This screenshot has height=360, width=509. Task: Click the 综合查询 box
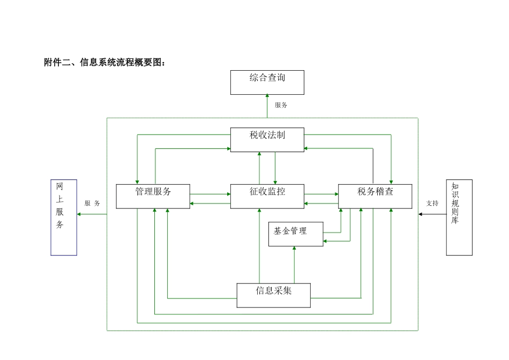coord(267,82)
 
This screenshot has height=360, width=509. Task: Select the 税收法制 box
coord(267,139)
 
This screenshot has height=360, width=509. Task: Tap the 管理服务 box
coord(153,196)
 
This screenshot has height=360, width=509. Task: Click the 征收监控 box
coord(267,196)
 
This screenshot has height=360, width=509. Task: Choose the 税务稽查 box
coord(375,196)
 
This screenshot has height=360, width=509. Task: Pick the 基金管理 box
coord(296,234)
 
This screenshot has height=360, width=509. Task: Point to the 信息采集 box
coord(274,295)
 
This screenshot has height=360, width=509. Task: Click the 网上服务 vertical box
coord(64,217)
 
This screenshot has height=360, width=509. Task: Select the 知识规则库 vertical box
coord(459,217)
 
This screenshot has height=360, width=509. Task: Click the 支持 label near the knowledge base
coord(432,204)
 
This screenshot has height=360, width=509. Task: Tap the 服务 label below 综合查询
coord(281,106)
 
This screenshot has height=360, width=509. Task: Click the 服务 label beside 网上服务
coord(92,204)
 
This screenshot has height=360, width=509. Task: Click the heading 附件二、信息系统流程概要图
coord(105,63)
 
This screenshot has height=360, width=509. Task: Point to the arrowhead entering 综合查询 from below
coord(267,96)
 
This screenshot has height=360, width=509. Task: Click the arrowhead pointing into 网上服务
coord(79,214)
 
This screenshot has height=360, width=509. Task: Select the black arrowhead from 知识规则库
coord(421,214)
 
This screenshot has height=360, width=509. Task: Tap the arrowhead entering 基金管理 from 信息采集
coord(294,248)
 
